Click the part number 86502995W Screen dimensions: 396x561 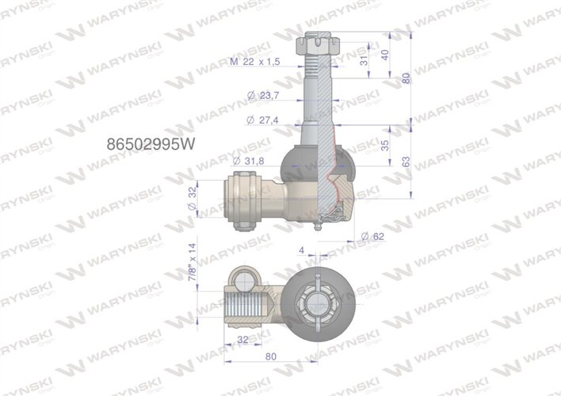pyautogui.click(x=150, y=145)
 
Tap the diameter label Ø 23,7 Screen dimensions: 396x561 pyautogui.click(x=263, y=95)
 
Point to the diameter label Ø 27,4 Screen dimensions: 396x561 pyautogui.click(x=263, y=120)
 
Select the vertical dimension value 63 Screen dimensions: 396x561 pyautogui.click(x=406, y=161)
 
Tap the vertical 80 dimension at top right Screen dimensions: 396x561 pyautogui.click(x=406, y=79)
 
